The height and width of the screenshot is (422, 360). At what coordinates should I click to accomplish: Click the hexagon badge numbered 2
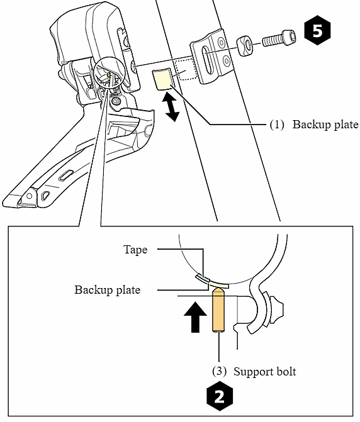(218, 396)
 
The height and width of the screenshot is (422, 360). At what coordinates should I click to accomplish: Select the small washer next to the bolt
(245, 46)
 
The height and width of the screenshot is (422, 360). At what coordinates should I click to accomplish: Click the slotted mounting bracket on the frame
(210, 57)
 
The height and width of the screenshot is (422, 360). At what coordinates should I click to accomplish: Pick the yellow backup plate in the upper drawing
(162, 81)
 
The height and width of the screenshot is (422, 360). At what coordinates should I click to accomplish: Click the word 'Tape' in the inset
(135, 250)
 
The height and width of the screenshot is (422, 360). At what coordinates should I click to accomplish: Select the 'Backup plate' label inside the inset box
(107, 290)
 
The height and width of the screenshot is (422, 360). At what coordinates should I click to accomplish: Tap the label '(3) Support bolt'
(256, 371)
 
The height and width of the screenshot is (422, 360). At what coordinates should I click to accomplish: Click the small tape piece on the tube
(201, 277)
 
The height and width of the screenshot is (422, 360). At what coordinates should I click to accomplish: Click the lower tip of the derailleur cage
(25, 200)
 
